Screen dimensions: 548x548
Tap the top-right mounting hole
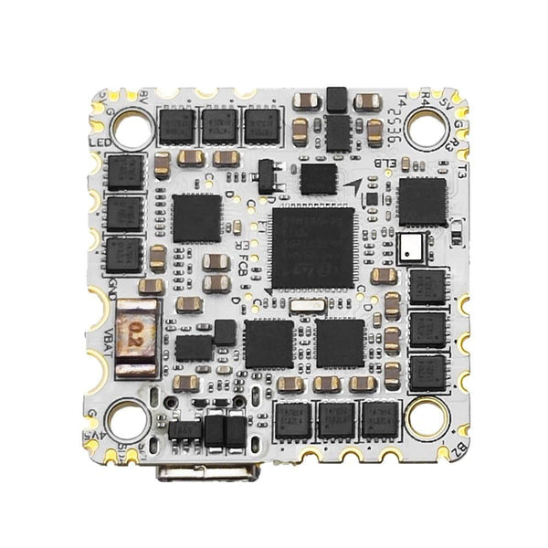[x=426, y=128]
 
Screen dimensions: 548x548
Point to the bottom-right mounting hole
[x=426, y=417]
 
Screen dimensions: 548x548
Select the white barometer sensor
[x=410, y=245]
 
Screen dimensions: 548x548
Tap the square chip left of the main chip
[x=197, y=217]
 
